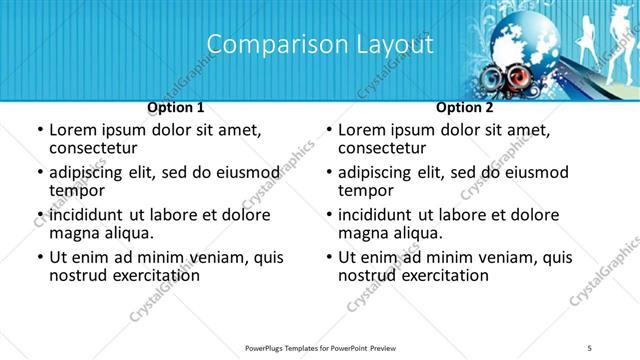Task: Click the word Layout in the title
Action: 395,45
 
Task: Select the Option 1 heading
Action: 175,107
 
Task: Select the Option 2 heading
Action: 464,107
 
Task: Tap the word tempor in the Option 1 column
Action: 77,191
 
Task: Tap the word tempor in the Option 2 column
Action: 366,191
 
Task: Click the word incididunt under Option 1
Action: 86,215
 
